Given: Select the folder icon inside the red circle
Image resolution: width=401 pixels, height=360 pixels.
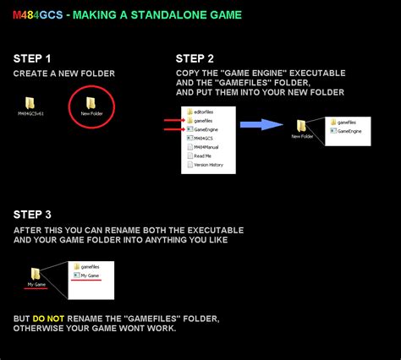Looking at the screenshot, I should (91, 102).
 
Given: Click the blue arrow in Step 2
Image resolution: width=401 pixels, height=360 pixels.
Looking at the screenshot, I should (261, 124).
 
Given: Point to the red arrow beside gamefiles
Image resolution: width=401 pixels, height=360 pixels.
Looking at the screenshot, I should (173, 120).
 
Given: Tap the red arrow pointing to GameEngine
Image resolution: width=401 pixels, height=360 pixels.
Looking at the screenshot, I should (173, 130).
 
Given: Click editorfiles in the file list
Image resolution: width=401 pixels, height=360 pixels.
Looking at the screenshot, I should (204, 112).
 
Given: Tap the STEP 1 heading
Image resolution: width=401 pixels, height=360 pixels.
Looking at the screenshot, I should (32, 58).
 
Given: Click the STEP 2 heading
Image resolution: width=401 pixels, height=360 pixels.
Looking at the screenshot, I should (195, 58).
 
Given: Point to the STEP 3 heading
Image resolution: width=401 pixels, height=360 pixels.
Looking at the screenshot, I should (32, 215).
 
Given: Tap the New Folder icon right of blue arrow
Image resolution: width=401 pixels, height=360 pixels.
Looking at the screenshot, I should (302, 126).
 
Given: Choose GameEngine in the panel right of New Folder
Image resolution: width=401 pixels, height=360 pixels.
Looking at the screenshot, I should (350, 132).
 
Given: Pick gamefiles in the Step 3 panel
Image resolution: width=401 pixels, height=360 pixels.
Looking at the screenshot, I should (91, 266).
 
